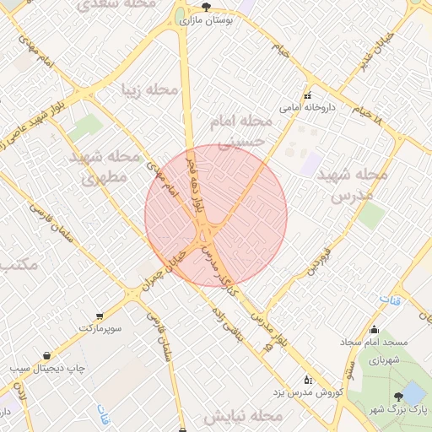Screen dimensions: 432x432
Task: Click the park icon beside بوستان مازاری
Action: (x=206, y=7)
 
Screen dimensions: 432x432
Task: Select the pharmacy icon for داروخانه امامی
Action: (x=307, y=95)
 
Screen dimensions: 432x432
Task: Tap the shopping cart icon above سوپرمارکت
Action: (x=100, y=316)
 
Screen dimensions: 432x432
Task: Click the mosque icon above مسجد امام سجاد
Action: (x=375, y=330)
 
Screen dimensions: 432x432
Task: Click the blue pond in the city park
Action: (x=413, y=392)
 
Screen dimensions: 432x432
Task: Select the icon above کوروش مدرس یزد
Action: (x=306, y=380)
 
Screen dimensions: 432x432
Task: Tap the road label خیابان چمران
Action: (x=165, y=270)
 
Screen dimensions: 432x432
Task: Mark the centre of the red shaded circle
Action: (x=216, y=216)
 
